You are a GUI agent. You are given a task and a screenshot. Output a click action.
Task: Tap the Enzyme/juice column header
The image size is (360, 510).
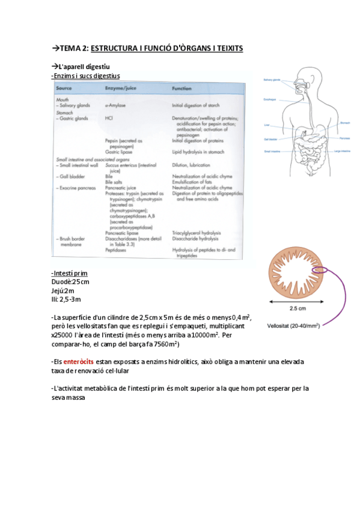click(x=121, y=88)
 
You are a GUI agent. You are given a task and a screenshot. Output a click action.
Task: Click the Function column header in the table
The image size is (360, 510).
click(x=182, y=88)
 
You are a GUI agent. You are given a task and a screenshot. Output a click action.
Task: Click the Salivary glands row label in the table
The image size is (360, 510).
click(x=74, y=104)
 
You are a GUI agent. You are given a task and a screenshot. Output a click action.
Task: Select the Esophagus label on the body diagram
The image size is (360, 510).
click(x=269, y=99)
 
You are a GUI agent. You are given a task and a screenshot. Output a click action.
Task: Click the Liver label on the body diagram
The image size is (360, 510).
click(x=266, y=125)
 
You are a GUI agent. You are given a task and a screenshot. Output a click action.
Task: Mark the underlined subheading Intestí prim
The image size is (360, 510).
click(x=70, y=273)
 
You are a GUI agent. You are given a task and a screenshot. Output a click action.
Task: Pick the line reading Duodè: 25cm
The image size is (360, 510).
click(x=70, y=281)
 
